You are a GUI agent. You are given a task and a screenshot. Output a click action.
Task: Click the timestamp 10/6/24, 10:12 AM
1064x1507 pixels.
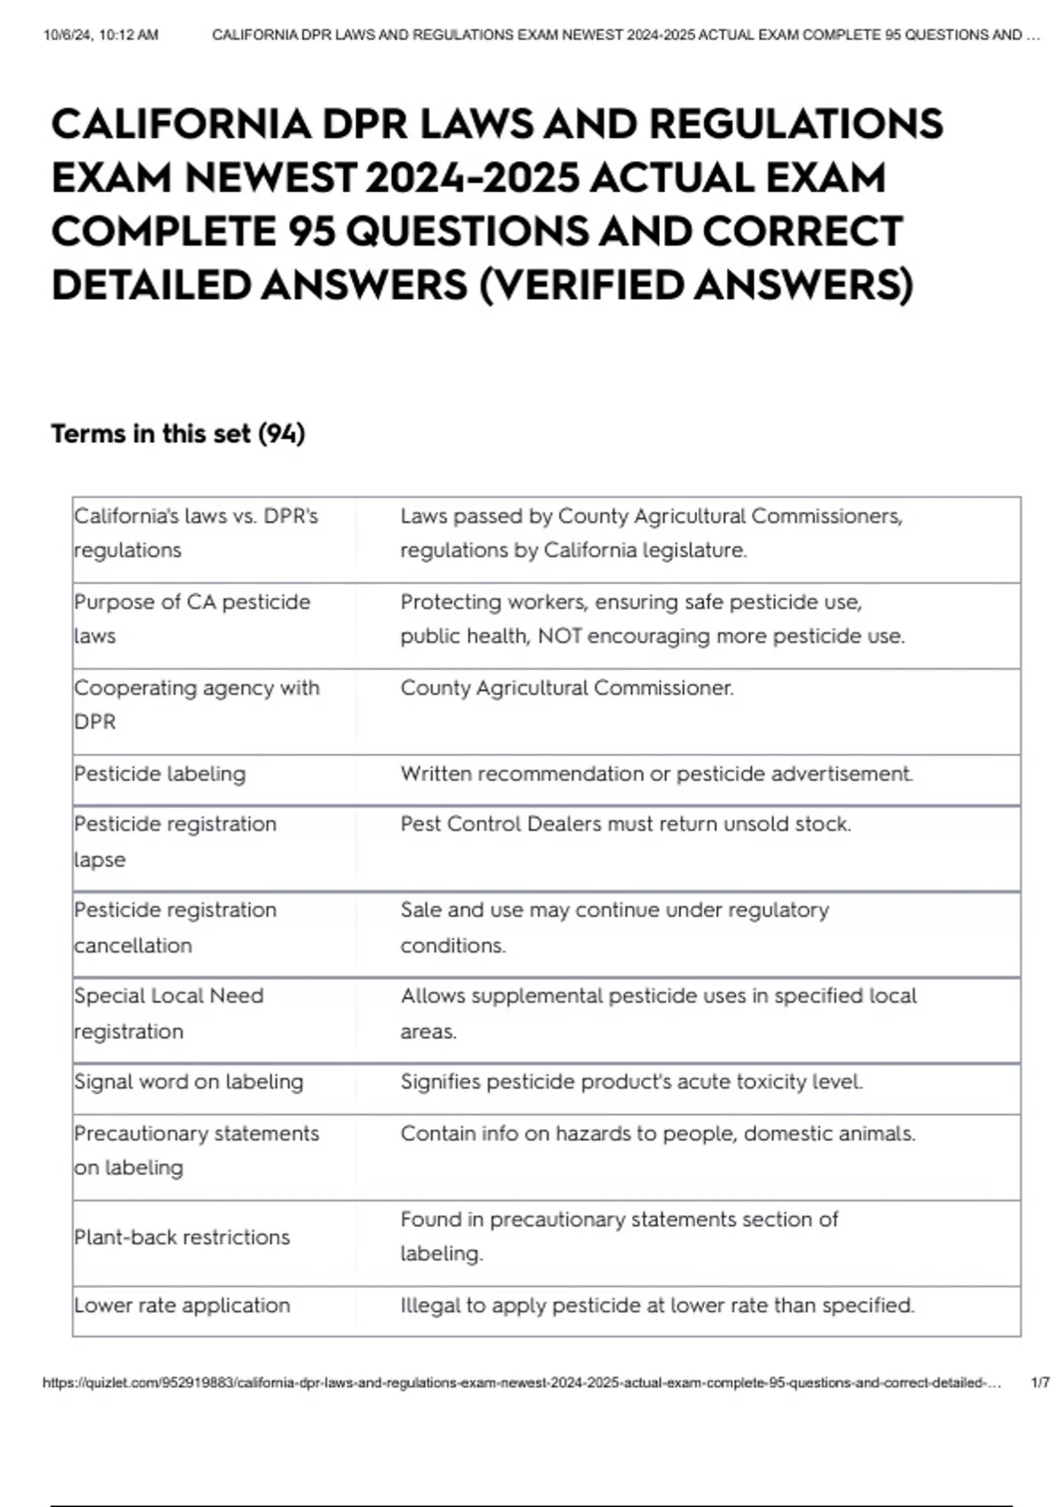[x=100, y=35]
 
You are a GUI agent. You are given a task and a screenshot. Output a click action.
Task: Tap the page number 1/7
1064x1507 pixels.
[x=1040, y=1382]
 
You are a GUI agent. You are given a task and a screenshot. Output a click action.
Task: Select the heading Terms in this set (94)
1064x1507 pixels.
[x=178, y=433]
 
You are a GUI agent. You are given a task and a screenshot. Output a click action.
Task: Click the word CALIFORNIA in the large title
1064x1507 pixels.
[x=181, y=124]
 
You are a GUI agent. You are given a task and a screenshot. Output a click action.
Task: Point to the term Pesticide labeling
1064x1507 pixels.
[x=160, y=774]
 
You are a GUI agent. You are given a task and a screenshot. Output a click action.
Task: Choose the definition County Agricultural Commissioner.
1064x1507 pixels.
[x=567, y=688]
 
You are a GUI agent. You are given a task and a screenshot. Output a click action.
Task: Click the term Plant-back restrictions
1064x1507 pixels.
[x=182, y=1237]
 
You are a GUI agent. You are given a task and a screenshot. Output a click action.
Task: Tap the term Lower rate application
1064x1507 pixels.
[x=182, y=1305]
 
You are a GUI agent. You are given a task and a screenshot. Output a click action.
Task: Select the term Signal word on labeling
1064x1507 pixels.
[x=188, y=1081]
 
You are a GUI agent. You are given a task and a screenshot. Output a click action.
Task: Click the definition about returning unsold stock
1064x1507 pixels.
[x=625, y=824]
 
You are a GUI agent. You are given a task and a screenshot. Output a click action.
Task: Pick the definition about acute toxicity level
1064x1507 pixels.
[x=631, y=1081]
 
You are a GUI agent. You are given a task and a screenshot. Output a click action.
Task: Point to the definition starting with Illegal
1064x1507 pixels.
[x=657, y=1305]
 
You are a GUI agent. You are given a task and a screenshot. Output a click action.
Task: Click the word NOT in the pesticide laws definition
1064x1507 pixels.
[x=559, y=636]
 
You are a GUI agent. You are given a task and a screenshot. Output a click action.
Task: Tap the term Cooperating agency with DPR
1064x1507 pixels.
[x=196, y=704]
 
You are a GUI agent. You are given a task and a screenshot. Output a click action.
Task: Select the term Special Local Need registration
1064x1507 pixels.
[x=168, y=1013]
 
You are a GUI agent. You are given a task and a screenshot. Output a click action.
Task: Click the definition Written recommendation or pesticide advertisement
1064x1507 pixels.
[x=656, y=774]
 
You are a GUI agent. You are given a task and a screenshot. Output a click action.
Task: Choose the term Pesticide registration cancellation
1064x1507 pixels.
[x=175, y=927]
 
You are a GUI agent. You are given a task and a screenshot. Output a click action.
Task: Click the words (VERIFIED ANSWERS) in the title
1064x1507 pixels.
[x=696, y=285]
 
